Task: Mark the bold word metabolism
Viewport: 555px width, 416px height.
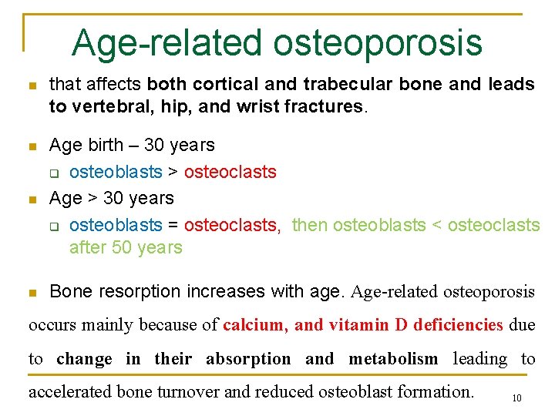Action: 393,359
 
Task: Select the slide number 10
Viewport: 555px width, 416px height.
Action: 516,398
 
